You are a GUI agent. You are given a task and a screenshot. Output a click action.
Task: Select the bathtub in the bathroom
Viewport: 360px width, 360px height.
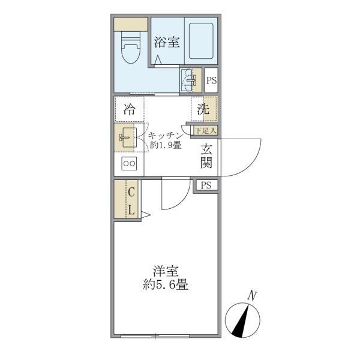(200, 42)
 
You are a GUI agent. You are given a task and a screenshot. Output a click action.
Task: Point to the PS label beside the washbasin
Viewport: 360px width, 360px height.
(211, 80)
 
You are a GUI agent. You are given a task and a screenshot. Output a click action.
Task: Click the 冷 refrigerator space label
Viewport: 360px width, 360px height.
(129, 109)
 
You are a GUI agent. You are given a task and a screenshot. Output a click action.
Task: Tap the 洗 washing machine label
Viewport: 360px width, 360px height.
(203, 109)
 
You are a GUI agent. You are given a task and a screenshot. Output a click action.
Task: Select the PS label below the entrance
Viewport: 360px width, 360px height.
(206, 185)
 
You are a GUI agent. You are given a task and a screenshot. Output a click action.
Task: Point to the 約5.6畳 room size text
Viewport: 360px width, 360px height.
(166, 286)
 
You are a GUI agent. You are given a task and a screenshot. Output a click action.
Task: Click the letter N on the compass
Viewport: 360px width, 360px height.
(253, 295)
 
